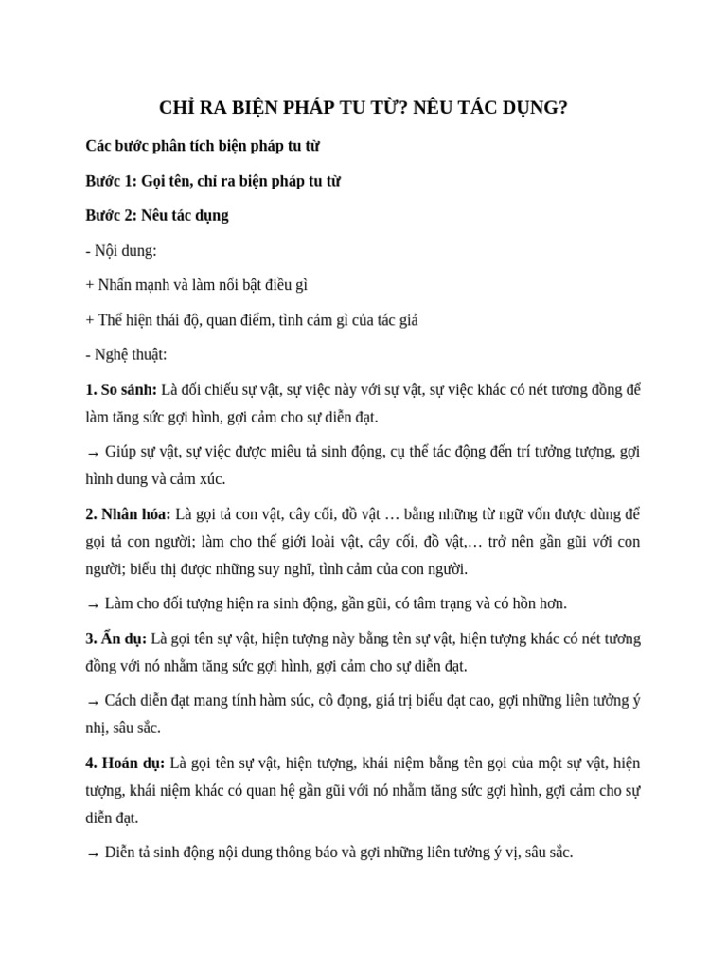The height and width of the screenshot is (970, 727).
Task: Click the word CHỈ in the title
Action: pos(177,108)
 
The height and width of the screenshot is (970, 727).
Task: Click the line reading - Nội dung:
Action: pos(121,250)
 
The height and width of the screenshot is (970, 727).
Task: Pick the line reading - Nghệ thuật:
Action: pos(126,354)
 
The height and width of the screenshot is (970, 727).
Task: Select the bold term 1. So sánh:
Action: pos(121,389)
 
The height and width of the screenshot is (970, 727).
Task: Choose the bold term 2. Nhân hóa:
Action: pos(128,514)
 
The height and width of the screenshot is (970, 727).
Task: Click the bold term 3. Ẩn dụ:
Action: pos(115,638)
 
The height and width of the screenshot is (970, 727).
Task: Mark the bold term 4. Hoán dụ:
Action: pos(125,763)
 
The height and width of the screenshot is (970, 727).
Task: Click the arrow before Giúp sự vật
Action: pos(93,453)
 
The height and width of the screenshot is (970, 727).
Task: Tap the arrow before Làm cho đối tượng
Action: pos(93,604)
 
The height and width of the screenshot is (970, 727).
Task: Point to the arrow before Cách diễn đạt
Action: pos(93,702)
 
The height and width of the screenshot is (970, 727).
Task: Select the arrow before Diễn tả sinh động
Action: pos(93,853)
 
